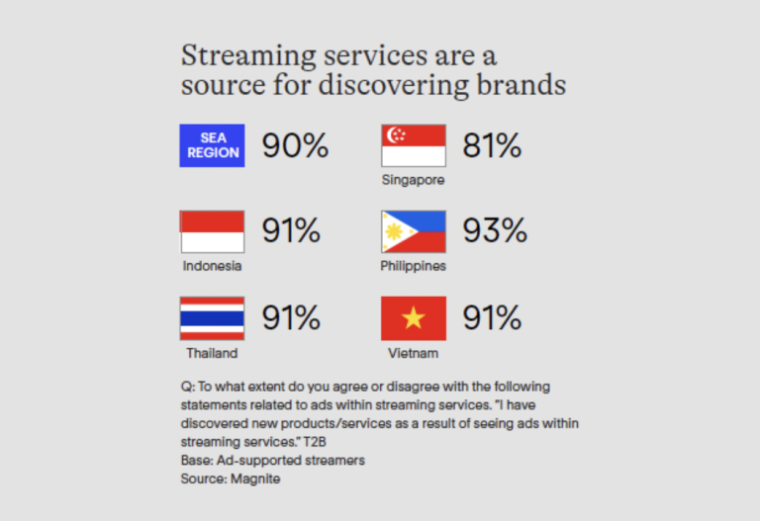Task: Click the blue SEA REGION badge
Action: pyautogui.click(x=212, y=145)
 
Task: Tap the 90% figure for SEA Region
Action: pyautogui.click(x=295, y=145)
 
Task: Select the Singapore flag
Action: pyautogui.click(x=414, y=145)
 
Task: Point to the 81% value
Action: pyautogui.click(x=492, y=145)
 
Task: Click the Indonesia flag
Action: pyautogui.click(x=212, y=232)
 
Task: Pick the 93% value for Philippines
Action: pyautogui.click(x=495, y=230)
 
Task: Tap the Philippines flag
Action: pyautogui.click(x=414, y=232)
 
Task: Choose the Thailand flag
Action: pyautogui.click(x=212, y=318)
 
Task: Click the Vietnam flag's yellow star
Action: pyautogui.click(x=414, y=318)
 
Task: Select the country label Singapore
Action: pyautogui.click(x=413, y=180)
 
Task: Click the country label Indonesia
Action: pyautogui.click(x=212, y=266)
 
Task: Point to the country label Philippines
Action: pyautogui.click(x=413, y=266)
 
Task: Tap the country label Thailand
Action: pyautogui.click(x=212, y=353)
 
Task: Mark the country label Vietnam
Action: pyautogui.click(x=413, y=353)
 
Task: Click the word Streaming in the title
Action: pyautogui.click(x=248, y=56)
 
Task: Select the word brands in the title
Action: pyautogui.click(x=522, y=84)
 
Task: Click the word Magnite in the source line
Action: pyautogui.click(x=255, y=478)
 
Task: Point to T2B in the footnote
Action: pyautogui.click(x=315, y=442)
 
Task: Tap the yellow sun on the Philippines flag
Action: pyautogui.click(x=393, y=232)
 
